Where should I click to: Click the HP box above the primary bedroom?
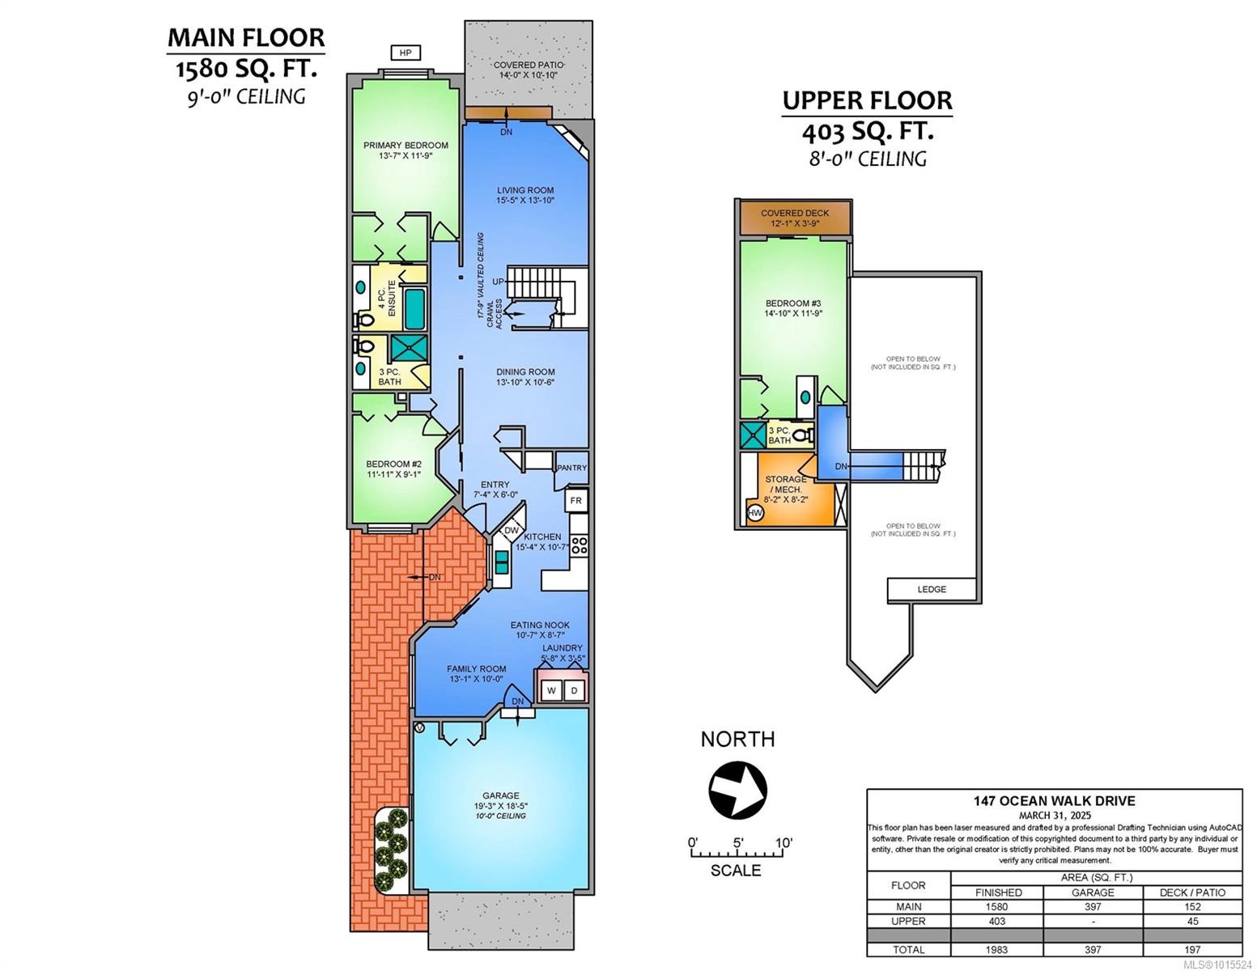pos(406,53)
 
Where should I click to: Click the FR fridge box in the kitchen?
pos(575,501)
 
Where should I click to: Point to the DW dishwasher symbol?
pos(511,531)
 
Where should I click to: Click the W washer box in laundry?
pos(551,690)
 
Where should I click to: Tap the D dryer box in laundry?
pos(574,690)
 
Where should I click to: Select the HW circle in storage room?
pos(755,513)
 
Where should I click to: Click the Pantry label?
pos(571,468)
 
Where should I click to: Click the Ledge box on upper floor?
pos(932,589)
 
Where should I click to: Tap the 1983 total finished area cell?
pos(996,949)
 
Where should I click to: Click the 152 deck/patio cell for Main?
pos(1191,906)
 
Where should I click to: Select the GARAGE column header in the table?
pos(1093,892)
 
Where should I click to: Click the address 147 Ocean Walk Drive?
pos(1054,801)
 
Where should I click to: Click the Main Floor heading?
pos(246,38)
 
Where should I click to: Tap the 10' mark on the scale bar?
pos(783,843)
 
